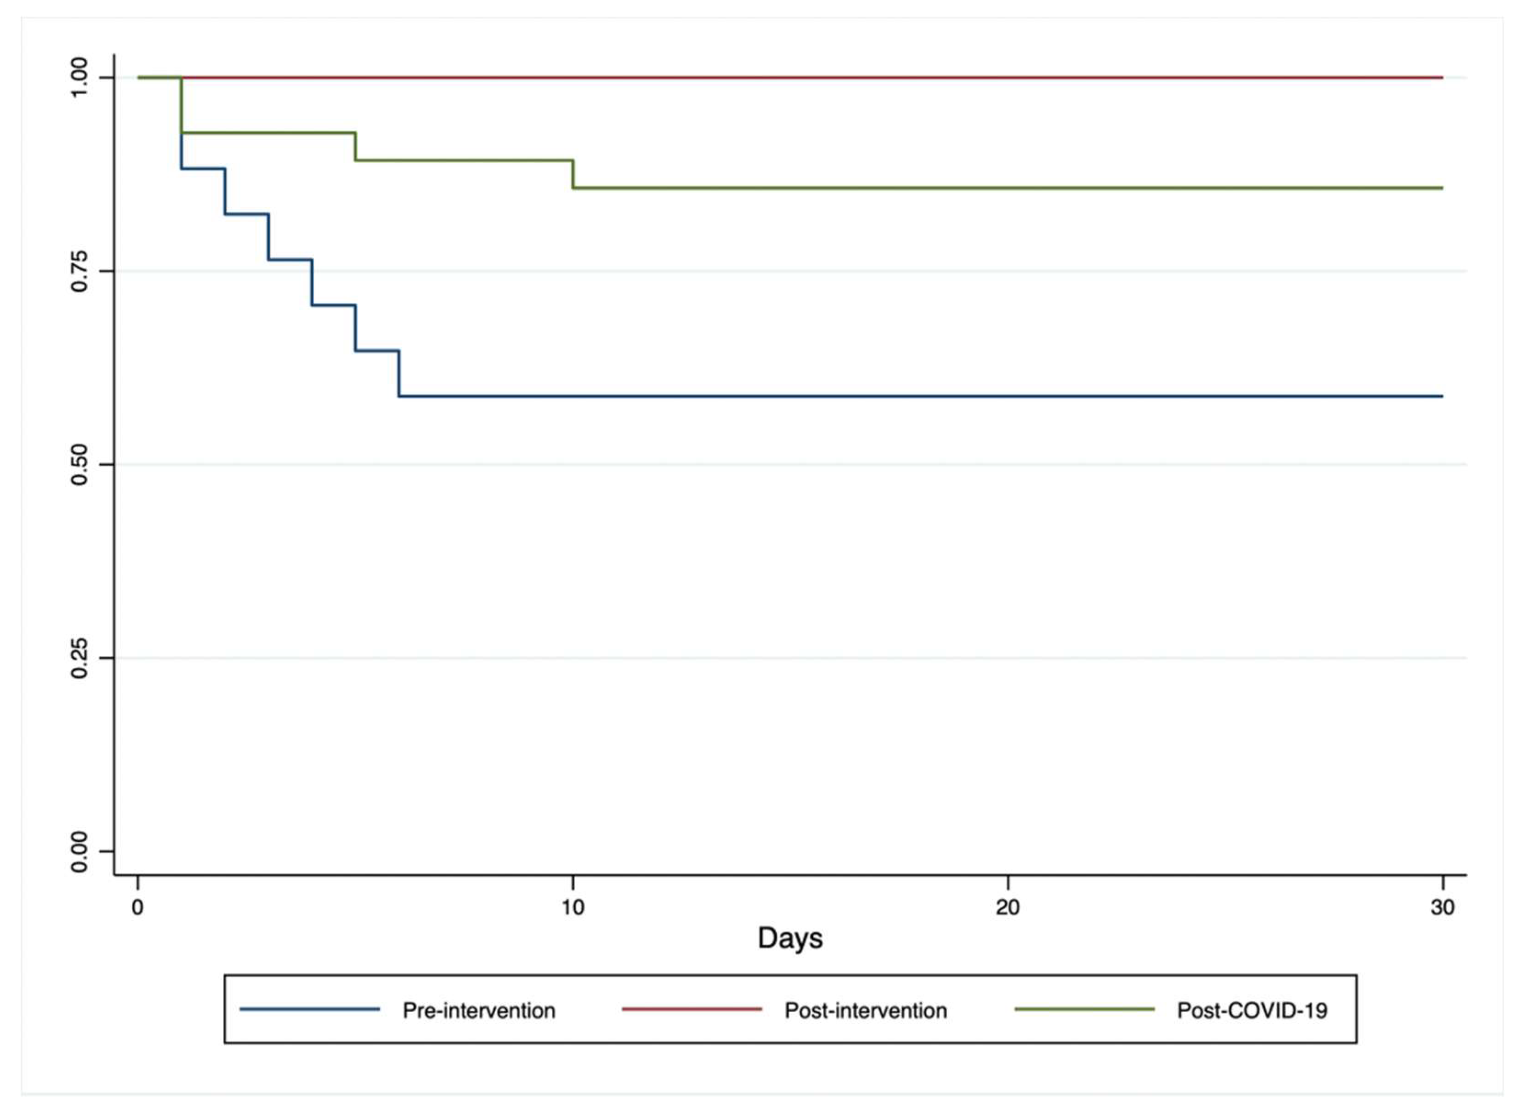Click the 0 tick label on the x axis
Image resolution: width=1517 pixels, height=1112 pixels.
coord(137,907)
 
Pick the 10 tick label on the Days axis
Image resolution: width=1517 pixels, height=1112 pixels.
coord(572,907)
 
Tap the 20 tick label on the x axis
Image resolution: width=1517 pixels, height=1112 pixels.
coord(1007,907)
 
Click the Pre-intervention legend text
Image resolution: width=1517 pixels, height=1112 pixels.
coord(478,1011)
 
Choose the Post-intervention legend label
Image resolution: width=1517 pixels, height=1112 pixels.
coord(865,1011)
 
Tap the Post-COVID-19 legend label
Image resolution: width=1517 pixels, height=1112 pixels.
coord(1252,1011)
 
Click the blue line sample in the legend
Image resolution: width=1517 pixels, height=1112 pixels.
coord(310,1009)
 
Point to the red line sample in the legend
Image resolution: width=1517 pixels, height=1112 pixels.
coord(691,1009)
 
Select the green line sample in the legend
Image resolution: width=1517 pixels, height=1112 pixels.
coord(1084,1009)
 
